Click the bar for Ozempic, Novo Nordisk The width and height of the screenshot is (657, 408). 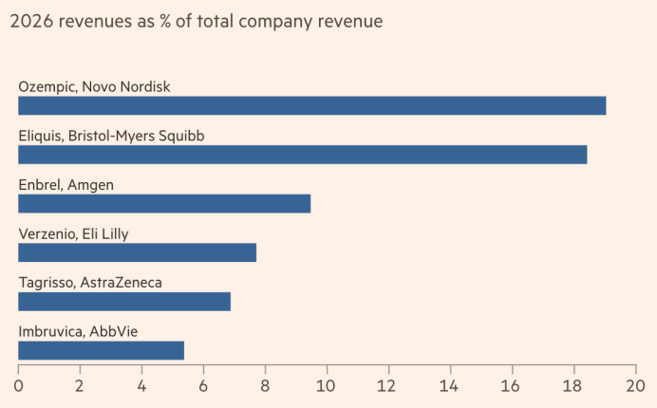[x=311, y=105]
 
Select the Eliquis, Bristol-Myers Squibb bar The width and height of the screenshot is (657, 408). [x=302, y=155]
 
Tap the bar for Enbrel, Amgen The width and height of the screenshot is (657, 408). [x=164, y=203]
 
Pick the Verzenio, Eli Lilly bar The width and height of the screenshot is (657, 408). [x=137, y=252]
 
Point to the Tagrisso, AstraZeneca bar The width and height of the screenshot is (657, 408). [x=124, y=302]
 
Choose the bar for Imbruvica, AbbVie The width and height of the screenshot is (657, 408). [x=101, y=350]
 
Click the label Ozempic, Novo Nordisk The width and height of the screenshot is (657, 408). [x=94, y=86]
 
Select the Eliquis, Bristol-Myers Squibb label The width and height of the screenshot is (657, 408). [x=111, y=136]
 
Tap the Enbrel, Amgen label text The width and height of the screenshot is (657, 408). [x=66, y=184]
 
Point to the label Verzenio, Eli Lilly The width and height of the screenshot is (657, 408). [x=73, y=233]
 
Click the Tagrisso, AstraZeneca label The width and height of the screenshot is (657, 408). [x=90, y=283]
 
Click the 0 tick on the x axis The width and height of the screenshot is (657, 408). [x=18, y=386]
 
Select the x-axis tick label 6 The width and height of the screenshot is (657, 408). [x=203, y=386]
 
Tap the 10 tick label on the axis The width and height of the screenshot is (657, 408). [x=327, y=386]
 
